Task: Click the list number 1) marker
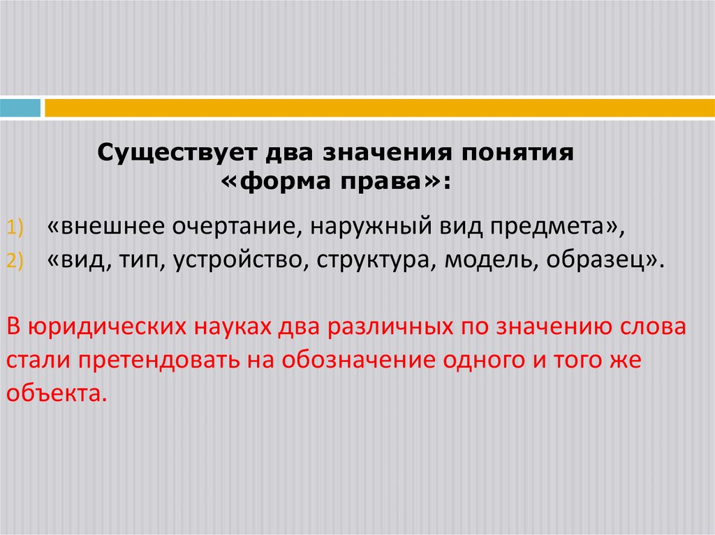(16, 227)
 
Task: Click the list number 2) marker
(16, 261)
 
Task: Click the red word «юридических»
(95, 327)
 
